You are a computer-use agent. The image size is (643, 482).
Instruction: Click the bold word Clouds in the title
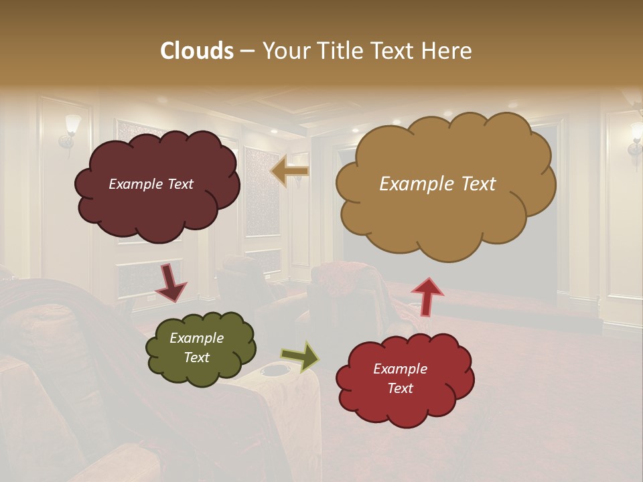(x=196, y=51)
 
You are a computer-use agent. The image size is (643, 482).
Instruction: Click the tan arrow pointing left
(x=289, y=171)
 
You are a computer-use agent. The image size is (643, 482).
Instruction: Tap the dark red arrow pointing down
(x=170, y=283)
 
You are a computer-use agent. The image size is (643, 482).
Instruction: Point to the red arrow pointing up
(x=427, y=296)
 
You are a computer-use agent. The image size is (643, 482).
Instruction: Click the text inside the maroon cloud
(x=151, y=184)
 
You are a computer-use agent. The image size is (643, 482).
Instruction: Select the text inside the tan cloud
(x=437, y=184)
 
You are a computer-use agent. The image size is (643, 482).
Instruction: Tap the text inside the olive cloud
(x=196, y=348)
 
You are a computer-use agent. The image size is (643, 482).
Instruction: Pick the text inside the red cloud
(x=400, y=379)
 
